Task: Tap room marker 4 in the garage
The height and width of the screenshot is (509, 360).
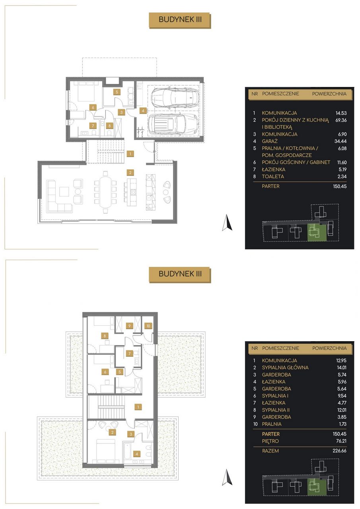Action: tap(143, 111)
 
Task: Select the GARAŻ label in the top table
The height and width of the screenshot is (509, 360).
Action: tap(270, 141)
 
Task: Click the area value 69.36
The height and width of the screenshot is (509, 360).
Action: tap(341, 120)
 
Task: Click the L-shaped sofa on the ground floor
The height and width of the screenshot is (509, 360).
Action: tap(59, 196)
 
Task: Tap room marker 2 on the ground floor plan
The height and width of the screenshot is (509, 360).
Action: tap(130, 173)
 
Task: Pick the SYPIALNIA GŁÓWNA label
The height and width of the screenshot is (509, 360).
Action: tap(285, 367)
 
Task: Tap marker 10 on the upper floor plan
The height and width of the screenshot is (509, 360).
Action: tap(148, 326)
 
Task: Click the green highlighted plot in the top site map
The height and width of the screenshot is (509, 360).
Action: tap(317, 232)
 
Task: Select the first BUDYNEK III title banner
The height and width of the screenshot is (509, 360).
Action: tap(180, 20)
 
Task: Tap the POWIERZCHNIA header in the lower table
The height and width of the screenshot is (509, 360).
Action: tap(329, 348)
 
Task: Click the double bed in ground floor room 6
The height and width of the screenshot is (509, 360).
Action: tap(86, 91)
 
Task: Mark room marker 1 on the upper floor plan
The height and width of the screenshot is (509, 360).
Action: tap(138, 407)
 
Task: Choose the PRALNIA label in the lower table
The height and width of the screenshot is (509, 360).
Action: tap(272, 424)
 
